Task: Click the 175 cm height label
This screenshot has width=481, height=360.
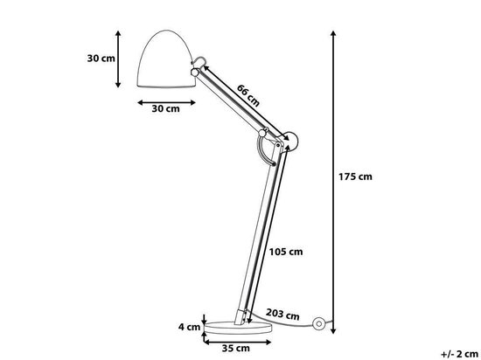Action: pyautogui.click(x=354, y=177)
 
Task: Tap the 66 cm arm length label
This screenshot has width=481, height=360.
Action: pyautogui.click(x=247, y=94)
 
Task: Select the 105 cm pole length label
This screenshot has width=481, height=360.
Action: pyautogui.click(x=285, y=252)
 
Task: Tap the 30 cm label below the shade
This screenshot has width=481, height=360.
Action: pyautogui.click(x=165, y=109)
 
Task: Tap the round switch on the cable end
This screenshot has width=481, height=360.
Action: pyautogui.click(x=322, y=326)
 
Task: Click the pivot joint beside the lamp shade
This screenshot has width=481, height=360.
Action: pyautogui.click(x=200, y=65)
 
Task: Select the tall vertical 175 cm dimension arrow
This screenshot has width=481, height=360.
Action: pyautogui.click(x=333, y=175)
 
